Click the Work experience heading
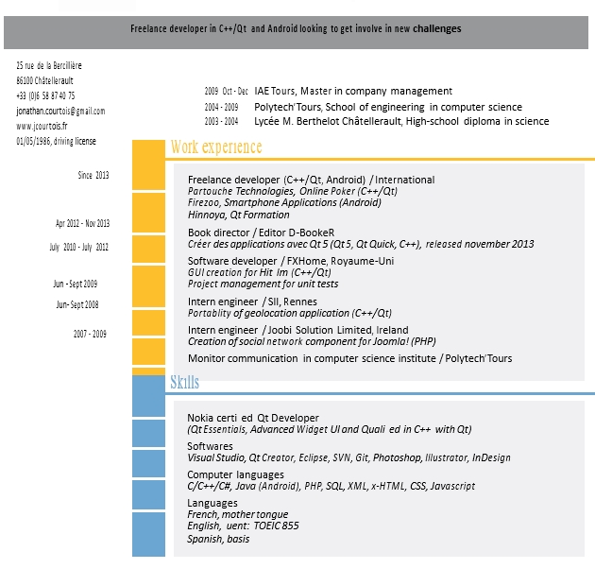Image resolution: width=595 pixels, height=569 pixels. click(216, 147)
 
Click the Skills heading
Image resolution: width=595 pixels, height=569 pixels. click(184, 382)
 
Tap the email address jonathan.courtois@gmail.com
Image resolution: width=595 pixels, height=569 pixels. click(60, 111)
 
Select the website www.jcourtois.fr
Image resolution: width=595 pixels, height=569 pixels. click(42, 126)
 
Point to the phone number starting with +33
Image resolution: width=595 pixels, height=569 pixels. click(45, 95)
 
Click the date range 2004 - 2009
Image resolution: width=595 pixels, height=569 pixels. click(221, 107)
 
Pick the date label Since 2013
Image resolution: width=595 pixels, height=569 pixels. click(93, 175)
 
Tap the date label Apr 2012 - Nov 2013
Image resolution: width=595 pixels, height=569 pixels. click(82, 223)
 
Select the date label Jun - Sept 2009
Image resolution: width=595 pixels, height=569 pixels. click(76, 284)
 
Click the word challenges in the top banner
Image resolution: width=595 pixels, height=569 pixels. click(436, 28)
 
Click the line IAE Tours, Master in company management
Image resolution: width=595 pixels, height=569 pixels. click(353, 91)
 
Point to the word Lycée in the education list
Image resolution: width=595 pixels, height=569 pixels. click(266, 121)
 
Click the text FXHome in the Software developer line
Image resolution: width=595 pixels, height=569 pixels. click(307, 261)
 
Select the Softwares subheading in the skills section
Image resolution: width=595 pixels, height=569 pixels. click(210, 446)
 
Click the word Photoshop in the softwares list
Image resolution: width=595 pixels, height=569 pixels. click(397, 457)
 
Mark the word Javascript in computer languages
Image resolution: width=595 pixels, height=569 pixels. click(452, 486)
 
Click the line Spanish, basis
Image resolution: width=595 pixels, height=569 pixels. click(218, 539)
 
